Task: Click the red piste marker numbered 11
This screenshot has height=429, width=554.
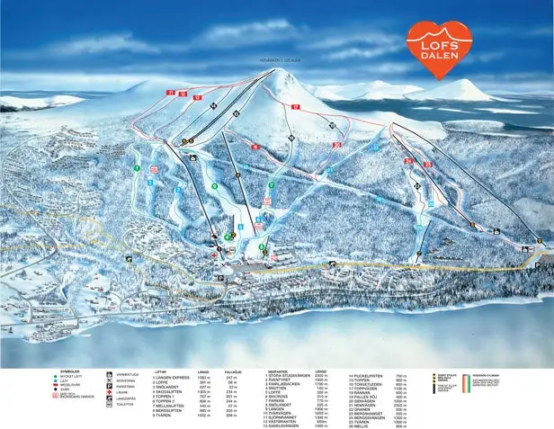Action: [x=168, y=93]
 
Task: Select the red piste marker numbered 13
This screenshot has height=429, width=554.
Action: [x=197, y=96]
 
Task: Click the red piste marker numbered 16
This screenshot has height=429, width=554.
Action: [x=255, y=147]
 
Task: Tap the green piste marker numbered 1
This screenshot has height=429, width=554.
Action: [x=137, y=168]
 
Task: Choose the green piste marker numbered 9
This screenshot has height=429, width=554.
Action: [x=214, y=186]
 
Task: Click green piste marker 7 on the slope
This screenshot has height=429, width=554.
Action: [x=271, y=185]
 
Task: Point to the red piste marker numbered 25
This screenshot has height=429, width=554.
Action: [x=429, y=165]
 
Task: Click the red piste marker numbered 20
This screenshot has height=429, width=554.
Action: [x=336, y=145]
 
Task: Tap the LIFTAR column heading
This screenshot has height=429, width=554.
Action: [x=160, y=371]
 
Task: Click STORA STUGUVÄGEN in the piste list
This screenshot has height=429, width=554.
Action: [x=289, y=376]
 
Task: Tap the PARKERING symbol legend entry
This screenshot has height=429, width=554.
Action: [x=126, y=386]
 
